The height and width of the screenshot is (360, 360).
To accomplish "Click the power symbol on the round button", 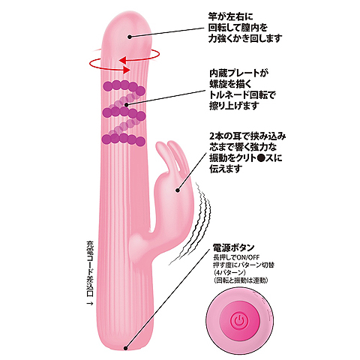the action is click(x=239, y=319).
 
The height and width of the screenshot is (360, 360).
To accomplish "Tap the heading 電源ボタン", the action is click(x=233, y=247).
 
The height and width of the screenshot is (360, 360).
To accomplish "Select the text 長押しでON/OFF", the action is click(x=236, y=257).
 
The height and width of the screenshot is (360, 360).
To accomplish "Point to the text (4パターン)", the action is click(x=229, y=272).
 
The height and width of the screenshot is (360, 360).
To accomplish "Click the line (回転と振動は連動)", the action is click(x=241, y=280).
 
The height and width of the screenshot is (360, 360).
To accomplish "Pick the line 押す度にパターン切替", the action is click(x=244, y=265).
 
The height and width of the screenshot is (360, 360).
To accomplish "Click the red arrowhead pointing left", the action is click(x=123, y=60).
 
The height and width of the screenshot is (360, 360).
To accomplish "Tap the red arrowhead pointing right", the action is click(x=126, y=70).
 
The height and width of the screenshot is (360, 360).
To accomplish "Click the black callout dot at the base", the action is click(x=126, y=348).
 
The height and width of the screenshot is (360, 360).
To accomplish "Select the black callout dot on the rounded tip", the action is click(x=130, y=37).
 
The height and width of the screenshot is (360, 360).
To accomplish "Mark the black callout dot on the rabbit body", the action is click(x=178, y=190).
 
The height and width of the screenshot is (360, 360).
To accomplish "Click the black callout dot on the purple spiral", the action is click(x=126, y=105).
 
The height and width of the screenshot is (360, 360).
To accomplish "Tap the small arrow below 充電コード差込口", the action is click(x=90, y=303).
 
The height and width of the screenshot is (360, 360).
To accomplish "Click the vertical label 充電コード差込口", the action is click(x=90, y=268).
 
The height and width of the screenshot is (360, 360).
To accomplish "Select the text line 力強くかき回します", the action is click(x=245, y=38).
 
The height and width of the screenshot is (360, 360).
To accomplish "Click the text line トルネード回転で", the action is click(x=242, y=95).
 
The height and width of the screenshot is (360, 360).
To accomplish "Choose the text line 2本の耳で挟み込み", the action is click(x=247, y=136).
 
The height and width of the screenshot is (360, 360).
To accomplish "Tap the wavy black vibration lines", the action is click(x=190, y=223).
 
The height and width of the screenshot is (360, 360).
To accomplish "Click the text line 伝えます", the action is click(x=226, y=169).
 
